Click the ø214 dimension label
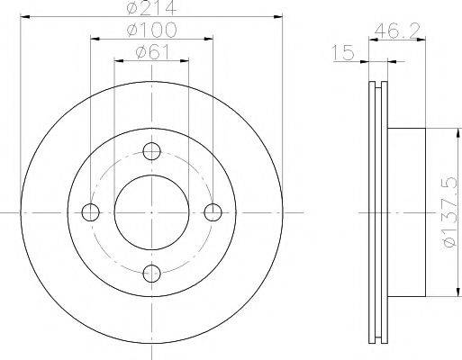(151, 7)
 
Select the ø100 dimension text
(152, 30)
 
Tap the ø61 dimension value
(152, 52)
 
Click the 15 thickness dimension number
(343, 52)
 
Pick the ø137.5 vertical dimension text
(452, 212)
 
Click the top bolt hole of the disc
(151, 151)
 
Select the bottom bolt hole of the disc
(151, 274)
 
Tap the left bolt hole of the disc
(90, 212)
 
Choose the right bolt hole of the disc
(213, 212)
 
